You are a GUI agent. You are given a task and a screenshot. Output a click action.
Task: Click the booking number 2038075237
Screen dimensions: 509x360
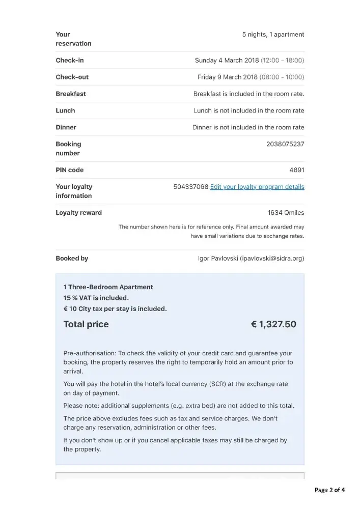click(285, 144)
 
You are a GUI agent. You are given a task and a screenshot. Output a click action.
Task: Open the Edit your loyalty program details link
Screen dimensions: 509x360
click(257, 187)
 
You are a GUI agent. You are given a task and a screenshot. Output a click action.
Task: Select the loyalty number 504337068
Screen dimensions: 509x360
click(191, 187)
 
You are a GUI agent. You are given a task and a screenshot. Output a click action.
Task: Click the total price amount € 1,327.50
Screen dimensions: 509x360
click(273, 324)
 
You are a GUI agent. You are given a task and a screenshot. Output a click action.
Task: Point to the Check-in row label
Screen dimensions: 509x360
click(70, 60)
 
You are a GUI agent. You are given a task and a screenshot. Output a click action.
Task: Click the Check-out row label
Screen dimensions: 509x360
click(72, 77)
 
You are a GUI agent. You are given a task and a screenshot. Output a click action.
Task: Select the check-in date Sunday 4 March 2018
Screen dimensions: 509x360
click(227, 60)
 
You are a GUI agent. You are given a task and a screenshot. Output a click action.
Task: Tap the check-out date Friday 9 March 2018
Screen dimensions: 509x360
click(228, 77)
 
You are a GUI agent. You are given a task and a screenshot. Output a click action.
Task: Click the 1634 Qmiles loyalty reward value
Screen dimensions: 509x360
click(286, 213)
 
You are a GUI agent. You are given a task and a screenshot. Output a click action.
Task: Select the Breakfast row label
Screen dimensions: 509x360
click(71, 94)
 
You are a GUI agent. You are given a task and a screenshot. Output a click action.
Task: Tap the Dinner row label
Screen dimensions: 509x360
click(66, 127)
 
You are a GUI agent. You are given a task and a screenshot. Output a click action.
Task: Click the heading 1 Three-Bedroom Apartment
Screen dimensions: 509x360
click(108, 287)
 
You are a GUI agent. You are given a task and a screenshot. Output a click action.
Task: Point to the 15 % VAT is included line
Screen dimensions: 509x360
click(96, 298)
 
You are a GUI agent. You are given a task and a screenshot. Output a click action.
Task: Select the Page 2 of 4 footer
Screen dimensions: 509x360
click(329, 490)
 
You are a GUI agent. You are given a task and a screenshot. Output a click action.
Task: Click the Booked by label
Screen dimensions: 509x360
click(72, 259)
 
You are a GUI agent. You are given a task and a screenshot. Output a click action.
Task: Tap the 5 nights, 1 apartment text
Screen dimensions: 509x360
click(273, 35)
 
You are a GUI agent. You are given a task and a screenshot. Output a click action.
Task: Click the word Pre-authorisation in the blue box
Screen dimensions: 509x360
click(89, 353)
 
